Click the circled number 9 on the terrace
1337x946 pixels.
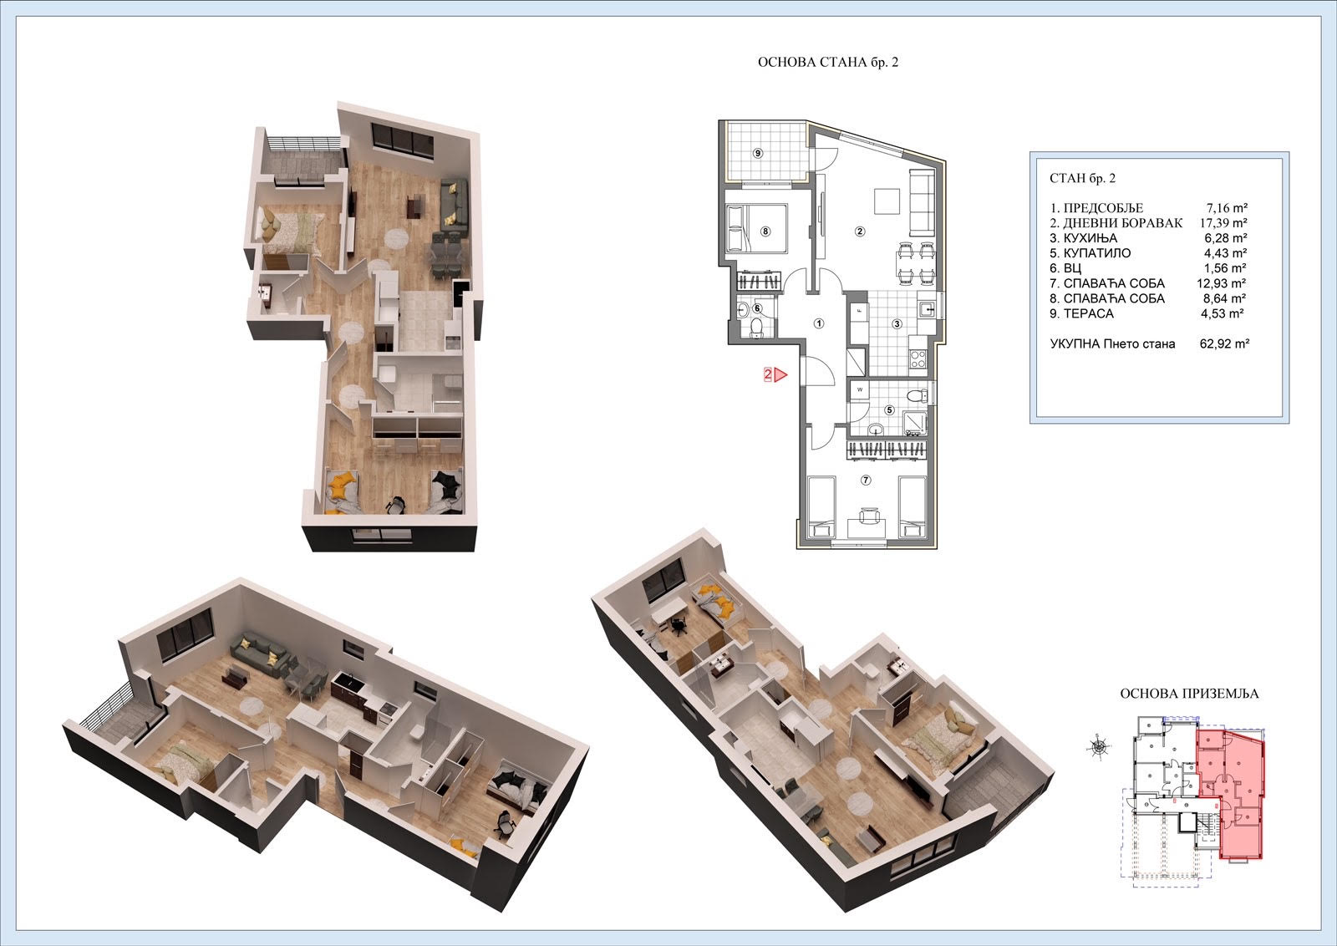758,154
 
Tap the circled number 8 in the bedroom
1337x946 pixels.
765,231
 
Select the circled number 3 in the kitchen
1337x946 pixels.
897,324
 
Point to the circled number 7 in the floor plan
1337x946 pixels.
866,480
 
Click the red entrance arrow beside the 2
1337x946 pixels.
780,375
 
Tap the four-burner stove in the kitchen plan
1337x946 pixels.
918,359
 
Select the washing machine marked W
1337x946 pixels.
860,390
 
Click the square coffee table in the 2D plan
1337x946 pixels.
887,201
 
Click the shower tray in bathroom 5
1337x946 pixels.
916,423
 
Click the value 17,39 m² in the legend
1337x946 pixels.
1223,223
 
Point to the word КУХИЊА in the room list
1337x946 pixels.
1090,238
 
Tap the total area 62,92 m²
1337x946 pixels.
1225,343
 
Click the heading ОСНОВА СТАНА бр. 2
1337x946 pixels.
828,62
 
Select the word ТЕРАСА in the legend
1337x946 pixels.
1089,313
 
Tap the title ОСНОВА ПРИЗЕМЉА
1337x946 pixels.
1189,694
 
